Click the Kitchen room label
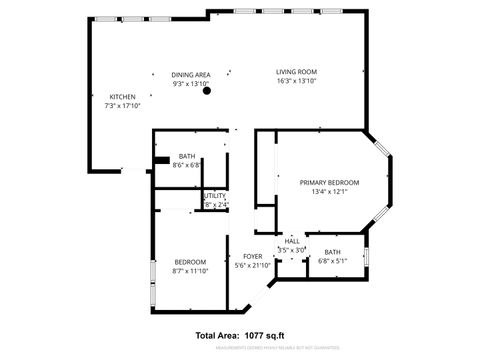pos(122,97)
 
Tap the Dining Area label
pos(190,74)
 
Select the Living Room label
pos(297,72)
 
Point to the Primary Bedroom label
pos(329,182)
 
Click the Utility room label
pos(215,196)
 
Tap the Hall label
pos(292,241)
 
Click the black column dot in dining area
pos(208,91)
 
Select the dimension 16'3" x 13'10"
pos(297,81)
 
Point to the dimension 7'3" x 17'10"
pos(122,105)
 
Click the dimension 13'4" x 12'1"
pos(329,191)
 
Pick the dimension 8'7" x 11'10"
pos(190,271)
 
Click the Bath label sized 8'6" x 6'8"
pos(187,157)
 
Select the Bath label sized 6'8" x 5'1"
pos(332,252)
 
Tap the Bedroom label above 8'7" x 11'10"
pos(190,262)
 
